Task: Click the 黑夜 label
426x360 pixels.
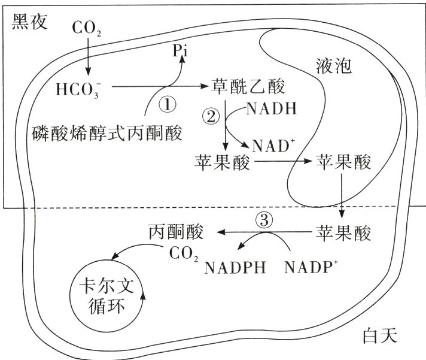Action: click(29, 21)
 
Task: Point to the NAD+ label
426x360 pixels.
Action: click(273, 146)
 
